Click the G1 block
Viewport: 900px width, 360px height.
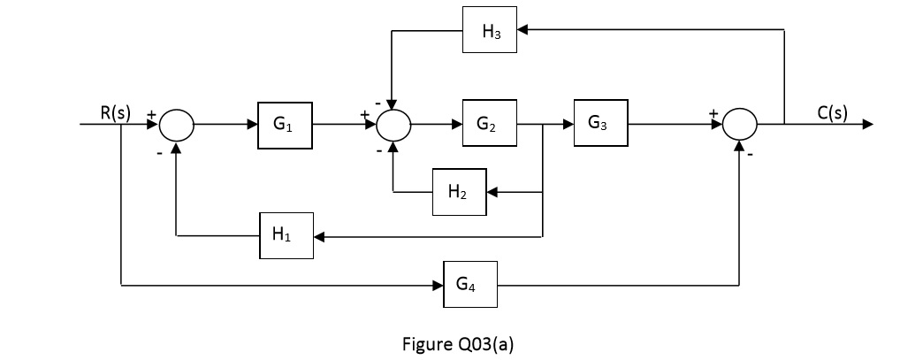286,126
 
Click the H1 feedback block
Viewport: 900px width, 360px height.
286,236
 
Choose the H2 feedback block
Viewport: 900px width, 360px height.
459,192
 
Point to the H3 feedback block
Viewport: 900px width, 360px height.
490,31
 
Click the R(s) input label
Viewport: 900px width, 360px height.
115,112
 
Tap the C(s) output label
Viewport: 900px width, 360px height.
831,112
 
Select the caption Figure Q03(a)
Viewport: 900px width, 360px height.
457,344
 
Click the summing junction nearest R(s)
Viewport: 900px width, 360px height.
177,126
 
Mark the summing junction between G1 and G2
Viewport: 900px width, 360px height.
393,126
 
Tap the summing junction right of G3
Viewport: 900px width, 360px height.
740,126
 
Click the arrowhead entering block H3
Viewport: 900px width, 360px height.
523,31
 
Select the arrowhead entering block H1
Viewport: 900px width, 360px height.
320,237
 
